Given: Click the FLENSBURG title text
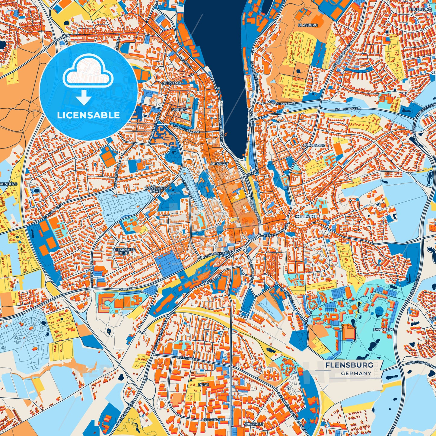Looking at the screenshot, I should tap(349, 365).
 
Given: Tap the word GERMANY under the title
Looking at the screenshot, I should tap(356, 373).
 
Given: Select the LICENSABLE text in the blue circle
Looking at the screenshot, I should tap(89, 115).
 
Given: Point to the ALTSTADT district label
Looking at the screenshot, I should tap(220, 164).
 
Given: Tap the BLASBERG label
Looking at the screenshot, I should tap(308, 25).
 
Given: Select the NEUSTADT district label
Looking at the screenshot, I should tap(172, 83).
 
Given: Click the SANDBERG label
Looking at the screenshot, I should tap(383, 330).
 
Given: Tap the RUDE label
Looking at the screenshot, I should tap(203, 385).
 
